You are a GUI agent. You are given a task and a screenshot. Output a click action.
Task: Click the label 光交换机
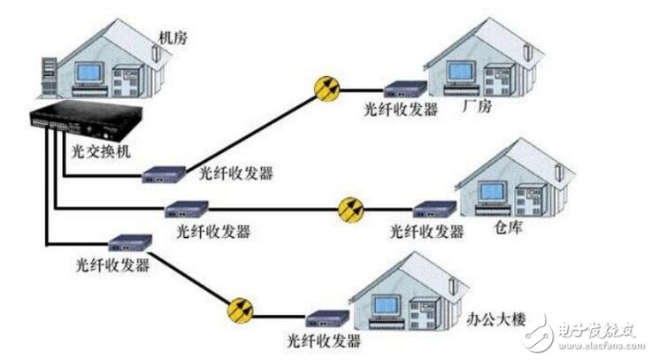click(x=100, y=152)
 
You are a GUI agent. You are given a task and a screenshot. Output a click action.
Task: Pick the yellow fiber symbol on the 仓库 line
click(x=350, y=210)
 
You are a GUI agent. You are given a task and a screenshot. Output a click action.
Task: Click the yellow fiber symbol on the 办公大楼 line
click(x=240, y=310)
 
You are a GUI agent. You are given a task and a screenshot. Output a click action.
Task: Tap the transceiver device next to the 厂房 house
click(x=403, y=88)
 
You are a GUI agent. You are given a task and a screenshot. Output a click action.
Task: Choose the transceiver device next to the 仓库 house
click(x=433, y=211)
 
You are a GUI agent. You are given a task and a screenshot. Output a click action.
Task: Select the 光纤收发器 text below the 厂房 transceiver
click(x=400, y=111)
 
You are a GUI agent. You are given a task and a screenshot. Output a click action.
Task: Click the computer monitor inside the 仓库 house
click(x=493, y=192)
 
